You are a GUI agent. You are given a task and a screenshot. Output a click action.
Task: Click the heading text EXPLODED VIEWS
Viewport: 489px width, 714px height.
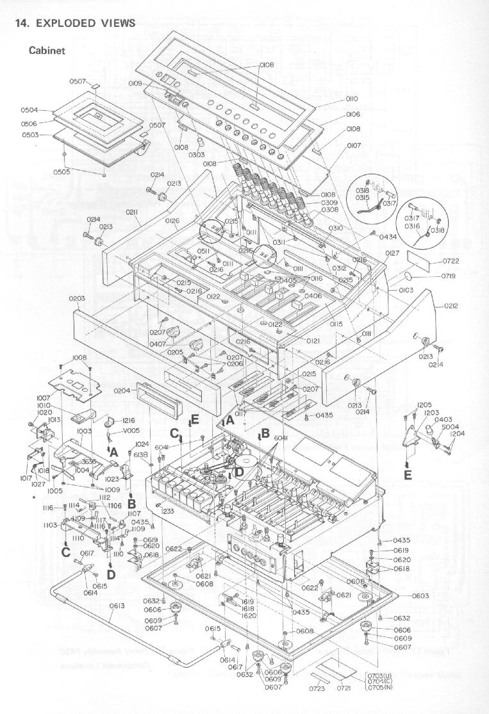pyautogui.click(x=86, y=23)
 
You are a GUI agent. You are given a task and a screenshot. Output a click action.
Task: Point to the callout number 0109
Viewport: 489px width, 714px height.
pyautogui.click(x=135, y=83)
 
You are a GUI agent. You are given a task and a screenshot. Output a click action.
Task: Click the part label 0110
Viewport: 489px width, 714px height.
pyautogui.click(x=352, y=99)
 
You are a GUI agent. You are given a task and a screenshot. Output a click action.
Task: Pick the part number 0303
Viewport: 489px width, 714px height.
pyautogui.click(x=196, y=154)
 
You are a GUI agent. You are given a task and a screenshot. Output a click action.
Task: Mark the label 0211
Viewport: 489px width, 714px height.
pyautogui.click(x=133, y=212)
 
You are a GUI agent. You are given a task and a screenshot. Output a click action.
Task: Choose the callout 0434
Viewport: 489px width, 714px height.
pyautogui.click(x=388, y=237)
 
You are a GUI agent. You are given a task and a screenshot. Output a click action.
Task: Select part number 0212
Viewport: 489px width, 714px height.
pyautogui.click(x=451, y=306)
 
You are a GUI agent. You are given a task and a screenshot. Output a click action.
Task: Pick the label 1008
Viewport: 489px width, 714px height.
pyautogui.click(x=79, y=358)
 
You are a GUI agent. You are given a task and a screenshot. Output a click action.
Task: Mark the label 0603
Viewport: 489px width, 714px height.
pyautogui.click(x=420, y=596)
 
